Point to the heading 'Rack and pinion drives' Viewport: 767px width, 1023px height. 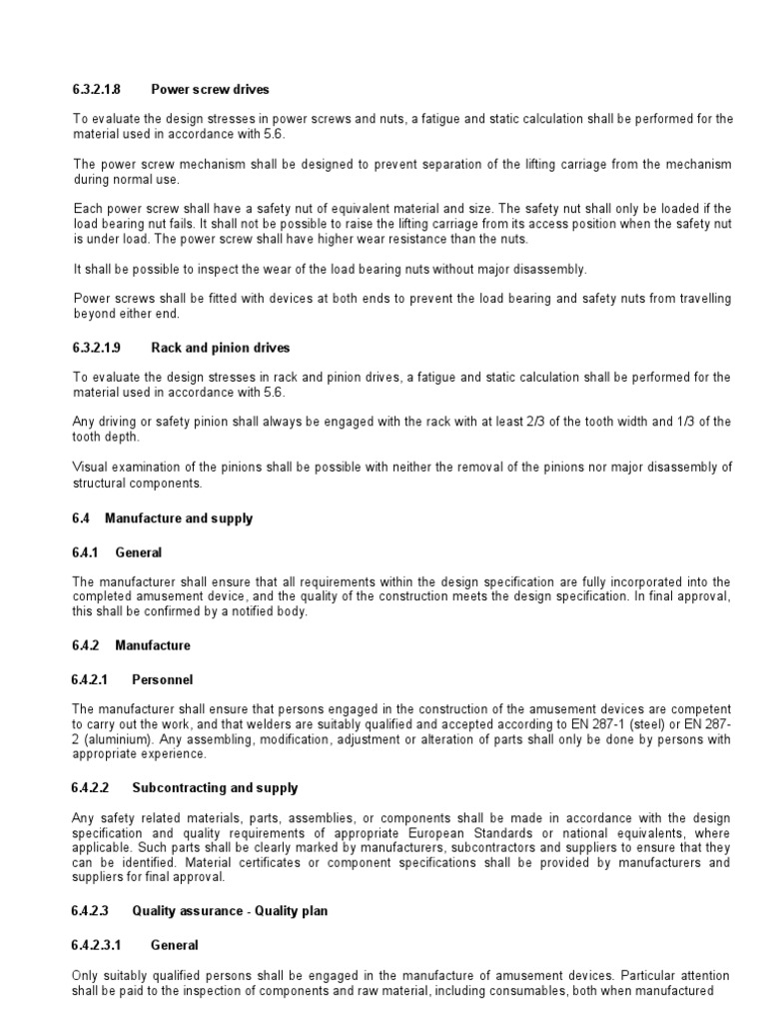221,348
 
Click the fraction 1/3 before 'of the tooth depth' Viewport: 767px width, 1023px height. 700,422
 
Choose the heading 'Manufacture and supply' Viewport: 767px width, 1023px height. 179,518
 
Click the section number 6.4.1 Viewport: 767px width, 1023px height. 87,552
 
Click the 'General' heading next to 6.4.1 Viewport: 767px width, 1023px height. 138,552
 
